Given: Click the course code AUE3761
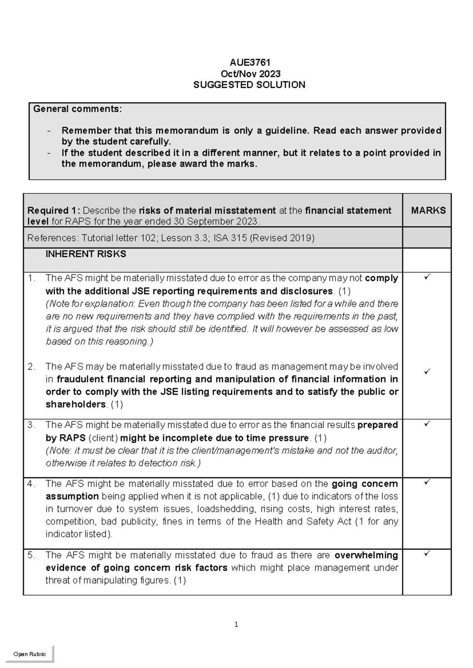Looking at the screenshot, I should coord(250,62).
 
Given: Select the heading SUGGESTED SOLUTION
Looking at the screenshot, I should coord(249,85).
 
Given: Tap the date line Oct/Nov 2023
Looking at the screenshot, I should coord(250,74).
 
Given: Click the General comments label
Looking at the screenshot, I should coord(78,109).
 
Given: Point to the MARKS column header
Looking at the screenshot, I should coord(428,210).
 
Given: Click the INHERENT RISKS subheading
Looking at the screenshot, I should coord(86,254).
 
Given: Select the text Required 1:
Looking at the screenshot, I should coord(54,210).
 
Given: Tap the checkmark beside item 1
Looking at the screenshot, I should coord(427,278).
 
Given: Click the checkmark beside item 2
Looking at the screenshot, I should coord(427,371).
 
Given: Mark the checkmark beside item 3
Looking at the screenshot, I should coord(427,424).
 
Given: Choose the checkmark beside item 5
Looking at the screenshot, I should coord(427,554).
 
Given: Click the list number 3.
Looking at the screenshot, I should coord(32,425).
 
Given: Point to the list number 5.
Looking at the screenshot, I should coord(32,555).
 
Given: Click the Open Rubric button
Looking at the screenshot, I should coord(30,654).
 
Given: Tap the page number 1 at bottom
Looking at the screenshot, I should coord(236,624).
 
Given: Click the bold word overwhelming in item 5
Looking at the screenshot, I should coord(366,555).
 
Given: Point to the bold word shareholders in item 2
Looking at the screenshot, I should coord(76,405).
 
